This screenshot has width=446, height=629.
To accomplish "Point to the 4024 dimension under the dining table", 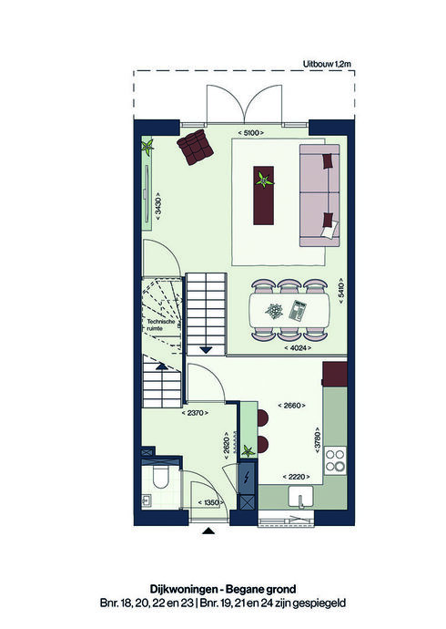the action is pyautogui.click(x=298, y=348).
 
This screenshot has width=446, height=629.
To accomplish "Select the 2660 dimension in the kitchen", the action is pyautogui.click(x=292, y=406).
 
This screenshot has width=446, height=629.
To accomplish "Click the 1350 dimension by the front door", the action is pyautogui.click(x=211, y=502).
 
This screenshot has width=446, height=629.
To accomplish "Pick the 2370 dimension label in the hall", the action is pyautogui.click(x=195, y=412).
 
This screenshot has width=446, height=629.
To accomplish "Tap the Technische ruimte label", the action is pyautogui.click(x=160, y=325).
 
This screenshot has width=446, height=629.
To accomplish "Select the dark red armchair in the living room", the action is pyautogui.click(x=195, y=146).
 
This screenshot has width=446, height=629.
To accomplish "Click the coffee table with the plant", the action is pyautogui.click(x=264, y=195).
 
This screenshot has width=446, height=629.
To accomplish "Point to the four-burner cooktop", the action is pyautogui.click(x=335, y=460).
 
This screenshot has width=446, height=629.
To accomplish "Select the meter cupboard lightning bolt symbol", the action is pyautogui.click(x=247, y=478).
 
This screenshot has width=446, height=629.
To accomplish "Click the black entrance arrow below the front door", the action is pyautogui.click(x=208, y=531).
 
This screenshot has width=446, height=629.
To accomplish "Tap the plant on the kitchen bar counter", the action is pyautogui.click(x=248, y=451).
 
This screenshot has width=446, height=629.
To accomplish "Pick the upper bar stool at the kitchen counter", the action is pyautogui.click(x=263, y=418).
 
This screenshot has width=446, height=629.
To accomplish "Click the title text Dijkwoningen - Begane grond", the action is pyautogui.click(x=223, y=589).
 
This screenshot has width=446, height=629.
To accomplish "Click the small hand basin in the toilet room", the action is pyautogui.click(x=147, y=500).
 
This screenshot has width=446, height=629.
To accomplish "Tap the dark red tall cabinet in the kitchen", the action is pyautogui.click(x=335, y=374).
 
